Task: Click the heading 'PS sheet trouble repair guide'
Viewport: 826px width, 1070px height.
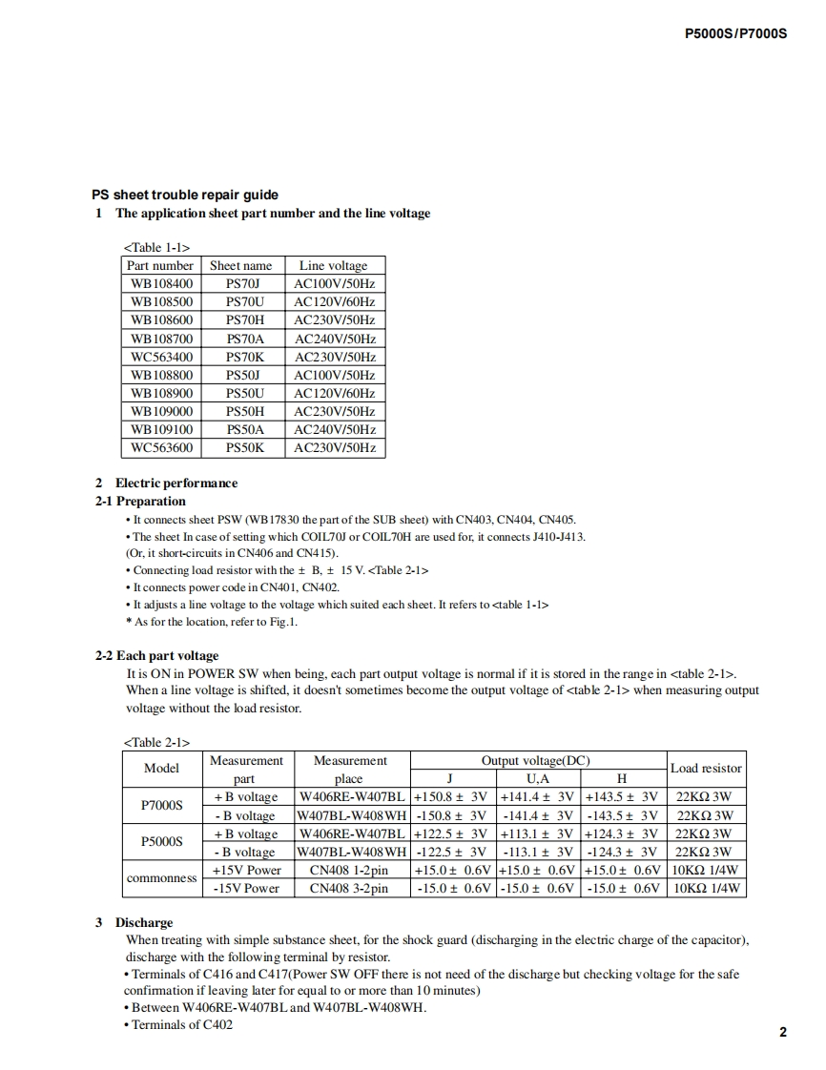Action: [185, 195]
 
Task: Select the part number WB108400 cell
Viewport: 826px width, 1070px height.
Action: [161, 284]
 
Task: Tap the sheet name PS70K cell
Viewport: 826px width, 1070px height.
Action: [242, 357]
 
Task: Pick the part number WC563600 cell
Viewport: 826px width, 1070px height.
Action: [161, 447]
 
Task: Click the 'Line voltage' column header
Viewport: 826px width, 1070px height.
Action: [333, 266]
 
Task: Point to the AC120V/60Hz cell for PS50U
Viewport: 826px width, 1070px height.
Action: [335, 393]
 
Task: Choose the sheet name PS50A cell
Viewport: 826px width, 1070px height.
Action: [242, 429]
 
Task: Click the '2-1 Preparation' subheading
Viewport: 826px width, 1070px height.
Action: [140, 501]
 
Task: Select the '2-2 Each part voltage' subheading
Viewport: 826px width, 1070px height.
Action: [156, 656]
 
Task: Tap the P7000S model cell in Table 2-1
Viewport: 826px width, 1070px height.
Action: [161, 806]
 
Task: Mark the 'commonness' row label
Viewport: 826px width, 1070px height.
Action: [161, 878]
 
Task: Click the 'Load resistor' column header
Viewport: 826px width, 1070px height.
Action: [706, 769]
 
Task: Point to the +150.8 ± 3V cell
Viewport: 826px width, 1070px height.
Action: [452, 797]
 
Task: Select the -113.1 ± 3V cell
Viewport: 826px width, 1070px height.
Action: [537, 852]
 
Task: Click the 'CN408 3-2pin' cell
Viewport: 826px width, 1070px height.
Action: [348, 888]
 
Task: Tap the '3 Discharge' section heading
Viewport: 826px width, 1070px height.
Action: [134, 923]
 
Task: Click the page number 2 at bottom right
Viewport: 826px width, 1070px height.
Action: [782, 1032]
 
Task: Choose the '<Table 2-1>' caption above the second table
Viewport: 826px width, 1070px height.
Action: [156, 742]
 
